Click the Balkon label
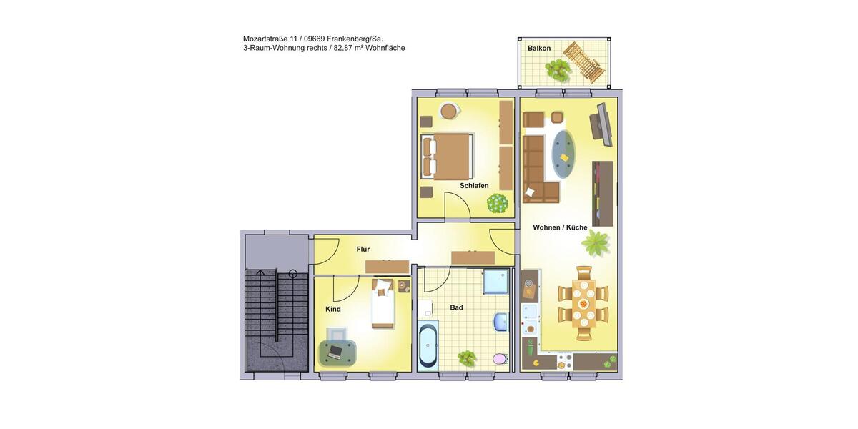(x=539, y=49)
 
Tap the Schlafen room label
(x=474, y=186)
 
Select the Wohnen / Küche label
(x=560, y=227)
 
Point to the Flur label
(x=363, y=250)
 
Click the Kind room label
(x=333, y=310)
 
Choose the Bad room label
(x=456, y=307)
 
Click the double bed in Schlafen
(x=448, y=157)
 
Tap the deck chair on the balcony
(x=584, y=62)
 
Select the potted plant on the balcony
(x=558, y=69)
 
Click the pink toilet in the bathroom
(x=500, y=357)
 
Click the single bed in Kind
(x=383, y=305)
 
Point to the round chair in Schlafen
(x=449, y=111)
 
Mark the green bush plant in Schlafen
(x=498, y=203)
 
